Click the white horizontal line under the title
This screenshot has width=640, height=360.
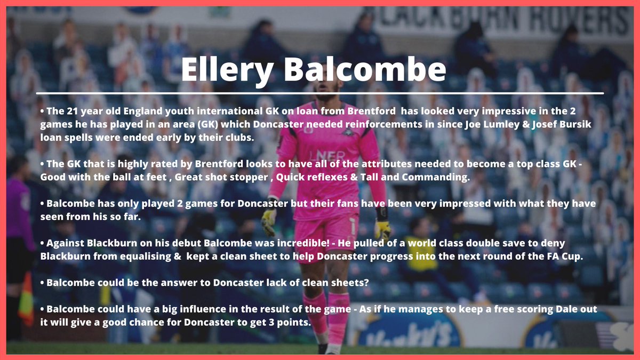click(x=320, y=93)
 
